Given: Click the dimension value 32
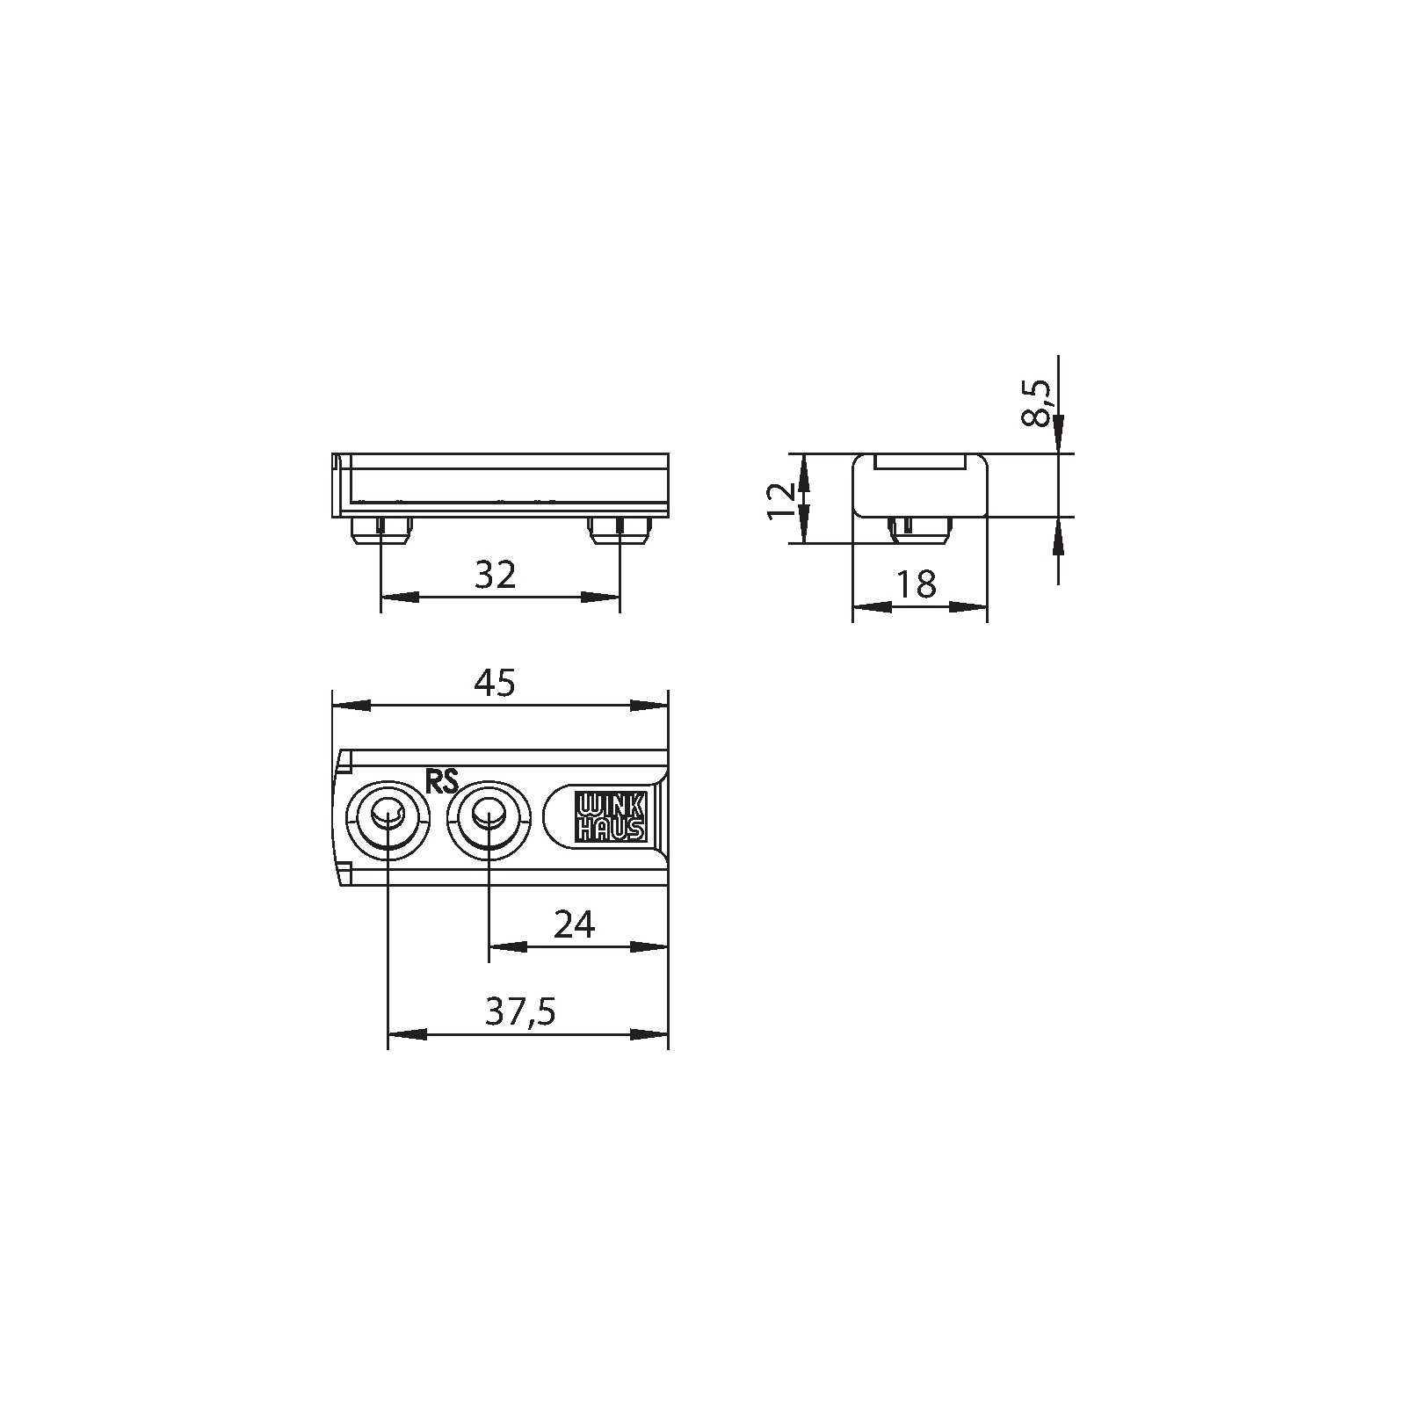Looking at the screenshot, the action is coord(495,575).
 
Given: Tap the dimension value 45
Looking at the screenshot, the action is coord(494,684).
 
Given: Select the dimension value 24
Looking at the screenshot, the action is coord(575,924).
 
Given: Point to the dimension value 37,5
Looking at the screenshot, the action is coord(521,1013).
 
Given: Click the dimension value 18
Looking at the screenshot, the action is coord(917,584).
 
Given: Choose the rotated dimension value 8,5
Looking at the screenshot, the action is coord(1037,403).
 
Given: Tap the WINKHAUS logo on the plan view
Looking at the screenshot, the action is coord(610,816).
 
